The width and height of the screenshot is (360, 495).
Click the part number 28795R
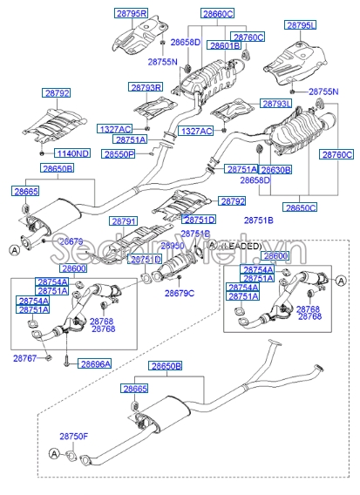point(132,14)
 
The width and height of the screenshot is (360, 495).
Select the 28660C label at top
point(217,14)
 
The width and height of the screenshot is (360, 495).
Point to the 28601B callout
point(225,45)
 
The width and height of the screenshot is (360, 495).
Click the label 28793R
point(146,88)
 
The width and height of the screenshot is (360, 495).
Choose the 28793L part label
point(276,103)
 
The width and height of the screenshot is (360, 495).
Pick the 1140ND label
point(73,153)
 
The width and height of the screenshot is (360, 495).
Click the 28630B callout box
point(275,169)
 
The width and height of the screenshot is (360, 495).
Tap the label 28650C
point(301,208)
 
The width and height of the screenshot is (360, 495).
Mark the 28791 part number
point(123,222)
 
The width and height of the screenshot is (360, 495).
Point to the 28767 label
point(24,358)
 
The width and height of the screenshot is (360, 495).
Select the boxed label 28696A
point(95,363)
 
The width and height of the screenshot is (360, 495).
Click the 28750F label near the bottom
point(74,436)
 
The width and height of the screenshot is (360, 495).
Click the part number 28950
point(174,247)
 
